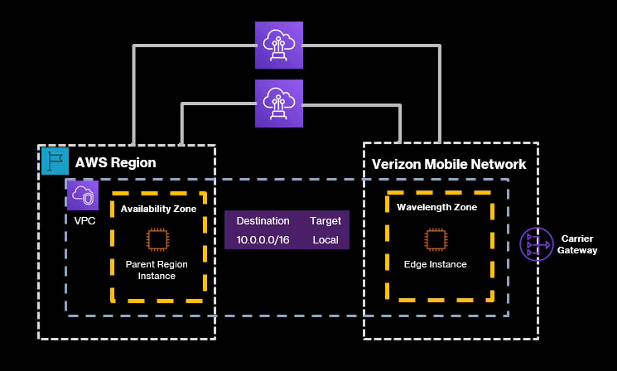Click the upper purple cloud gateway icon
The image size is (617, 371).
coord(279,45)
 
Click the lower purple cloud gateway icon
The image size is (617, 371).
coord(279,103)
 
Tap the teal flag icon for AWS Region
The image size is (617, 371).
coord(55,161)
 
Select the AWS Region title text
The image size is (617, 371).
coord(116,163)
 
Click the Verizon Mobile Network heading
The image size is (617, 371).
coord(449,164)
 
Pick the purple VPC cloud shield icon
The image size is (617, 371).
coord(83,195)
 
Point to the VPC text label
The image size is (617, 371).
coord(85,221)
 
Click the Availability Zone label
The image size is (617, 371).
coord(158,209)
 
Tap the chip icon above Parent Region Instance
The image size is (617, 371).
coord(158,240)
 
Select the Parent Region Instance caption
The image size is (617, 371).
coord(157,270)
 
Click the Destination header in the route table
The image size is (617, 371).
coord(263,221)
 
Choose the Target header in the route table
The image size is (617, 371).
coord(325,221)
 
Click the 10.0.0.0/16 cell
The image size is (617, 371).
coord(263,240)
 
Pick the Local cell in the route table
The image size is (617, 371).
coord(325,240)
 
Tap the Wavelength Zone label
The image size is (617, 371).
coord(437,207)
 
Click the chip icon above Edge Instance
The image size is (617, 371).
coord(436,240)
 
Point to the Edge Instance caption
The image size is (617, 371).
coord(435,264)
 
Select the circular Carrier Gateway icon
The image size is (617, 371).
coord(537,244)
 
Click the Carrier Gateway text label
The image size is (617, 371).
coord(577,244)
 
